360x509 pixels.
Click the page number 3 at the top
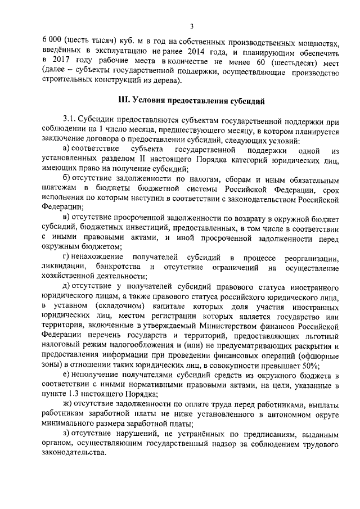tap(191, 26)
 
